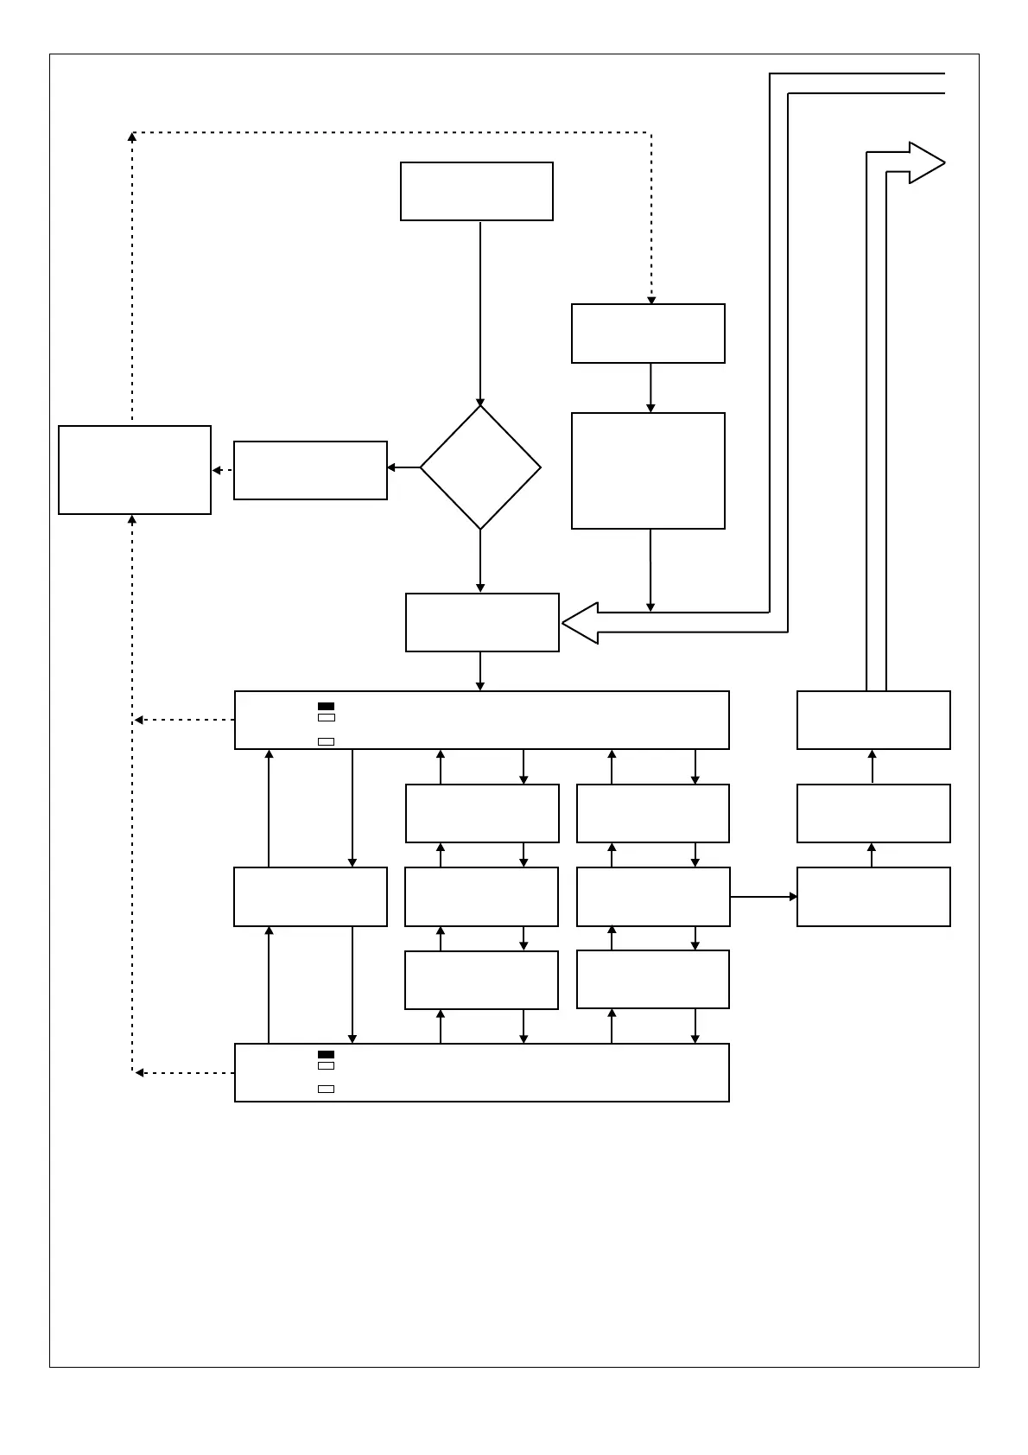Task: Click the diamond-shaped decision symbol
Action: pyautogui.click(x=480, y=467)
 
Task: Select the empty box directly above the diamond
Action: pyautogui.click(x=476, y=191)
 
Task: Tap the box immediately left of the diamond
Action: pyautogui.click(x=310, y=470)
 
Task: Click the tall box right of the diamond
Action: pyautogui.click(x=648, y=470)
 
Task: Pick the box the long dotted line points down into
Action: pyautogui.click(x=648, y=334)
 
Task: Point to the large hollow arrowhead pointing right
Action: pyautogui.click(x=925, y=162)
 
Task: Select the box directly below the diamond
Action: pyautogui.click(x=482, y=622)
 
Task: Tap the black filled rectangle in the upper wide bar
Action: pyautogui.click(x=326, y=706)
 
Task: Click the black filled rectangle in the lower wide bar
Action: pyautogui.click(x=326, y=1054)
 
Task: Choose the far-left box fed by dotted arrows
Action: pyautogui.click(x=135, y=470)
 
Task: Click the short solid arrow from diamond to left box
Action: pyautogui.click(x=403, y=467)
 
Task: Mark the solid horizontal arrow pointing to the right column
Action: pyautogui.click(x=763, y=897)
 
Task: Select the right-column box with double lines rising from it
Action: pyautogui.click(x=873, y=720)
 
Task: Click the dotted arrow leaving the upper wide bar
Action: pyautogui.click(x=184, y=720)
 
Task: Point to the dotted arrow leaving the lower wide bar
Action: pyautogui.click(x=184, y=1072)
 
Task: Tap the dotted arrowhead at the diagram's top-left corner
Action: pyautogui.click(x=132, y=137)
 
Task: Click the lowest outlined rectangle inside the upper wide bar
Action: pyautogui.click(x=326, y=741)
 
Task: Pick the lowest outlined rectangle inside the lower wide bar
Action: pyautogui.click(x=326, y=1089)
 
